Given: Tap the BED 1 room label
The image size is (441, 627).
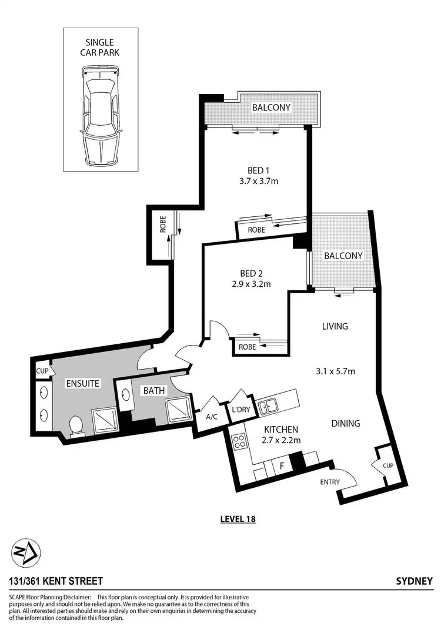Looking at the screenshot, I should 254,170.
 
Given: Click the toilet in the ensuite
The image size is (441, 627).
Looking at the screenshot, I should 75,425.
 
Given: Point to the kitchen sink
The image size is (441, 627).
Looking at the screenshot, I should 271,404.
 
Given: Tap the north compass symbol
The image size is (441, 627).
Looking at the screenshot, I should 26,553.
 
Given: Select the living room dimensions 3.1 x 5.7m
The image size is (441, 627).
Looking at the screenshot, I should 334,371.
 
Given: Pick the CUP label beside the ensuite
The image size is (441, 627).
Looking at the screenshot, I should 42,371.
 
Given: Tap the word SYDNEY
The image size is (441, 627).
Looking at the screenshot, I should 415,581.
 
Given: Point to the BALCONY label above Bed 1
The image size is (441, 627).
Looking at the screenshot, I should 272,108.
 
